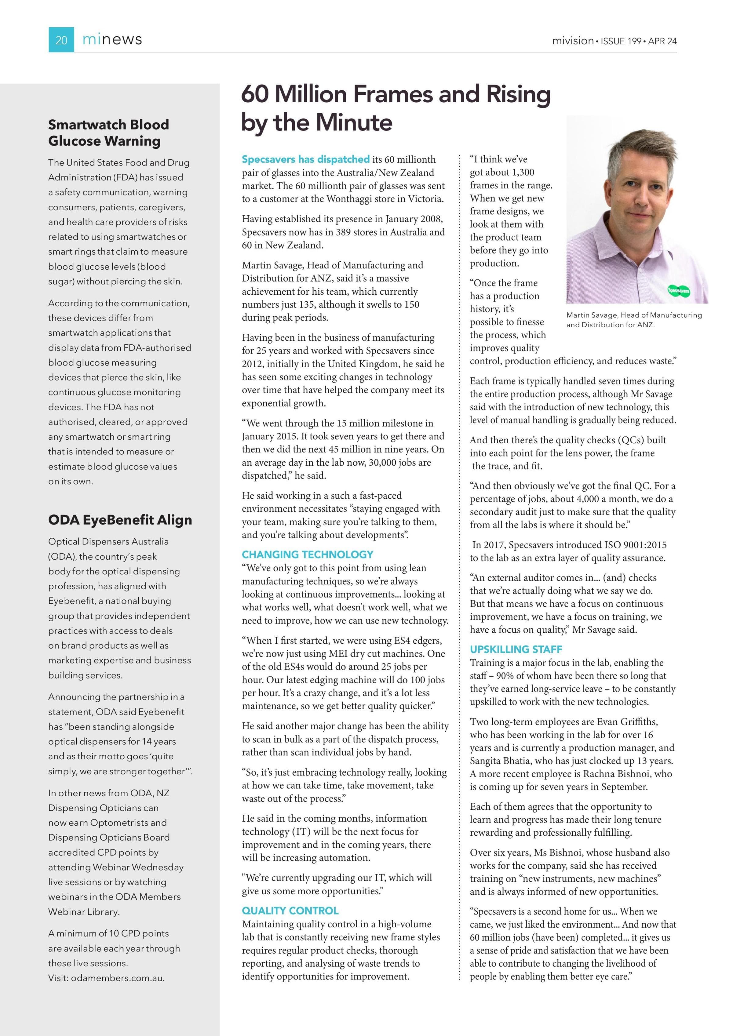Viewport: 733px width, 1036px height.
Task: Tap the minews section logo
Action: click(x=112, y=40)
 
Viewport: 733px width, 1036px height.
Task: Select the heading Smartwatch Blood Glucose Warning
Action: click(x=108, y=133)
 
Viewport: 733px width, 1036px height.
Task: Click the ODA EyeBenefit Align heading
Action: click(x=120, y=520)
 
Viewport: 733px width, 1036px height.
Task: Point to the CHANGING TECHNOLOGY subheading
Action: click(x=307, y=554)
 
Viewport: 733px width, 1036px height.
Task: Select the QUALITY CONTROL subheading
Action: click(x=290, y=911)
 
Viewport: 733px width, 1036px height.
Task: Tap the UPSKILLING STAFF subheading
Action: click(x=516, y=649)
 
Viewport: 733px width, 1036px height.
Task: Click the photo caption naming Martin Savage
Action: click(x=634, y=319)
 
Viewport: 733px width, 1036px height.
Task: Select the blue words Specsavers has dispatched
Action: click(x=305, y=159)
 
